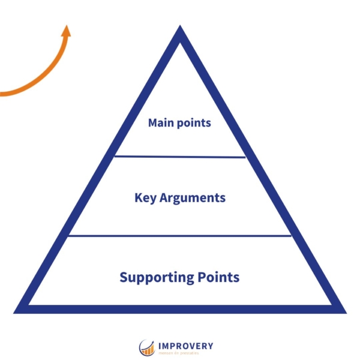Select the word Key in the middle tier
tap(145, 197)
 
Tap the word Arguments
tap(192, 197)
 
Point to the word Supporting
tap(156, 278)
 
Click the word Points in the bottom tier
tap(218, 277)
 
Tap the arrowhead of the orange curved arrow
tap(66, 30)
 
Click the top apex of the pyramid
tap(180, 30)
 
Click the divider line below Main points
tap(180, 157)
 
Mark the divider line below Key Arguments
tap(180, 236)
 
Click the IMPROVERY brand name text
tap(185, 346)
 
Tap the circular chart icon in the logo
tap(147, 347)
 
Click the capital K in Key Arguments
tap(138, 197)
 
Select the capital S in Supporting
tap(124, 277)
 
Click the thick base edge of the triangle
tap(180, 309)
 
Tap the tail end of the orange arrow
tap(3, 94)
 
